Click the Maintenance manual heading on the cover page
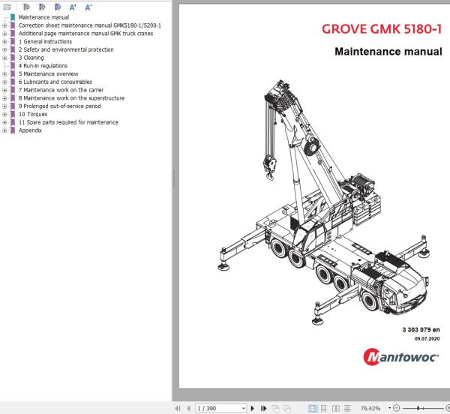coord(388,52)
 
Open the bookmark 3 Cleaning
coord(31,58)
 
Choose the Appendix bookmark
coord(30,130)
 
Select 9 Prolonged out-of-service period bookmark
coord(61,106)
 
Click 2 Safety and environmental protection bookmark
coord(66,49)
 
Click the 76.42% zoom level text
coord(370,408)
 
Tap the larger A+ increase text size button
coord(73,7)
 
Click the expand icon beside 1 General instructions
coord(4,42)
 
